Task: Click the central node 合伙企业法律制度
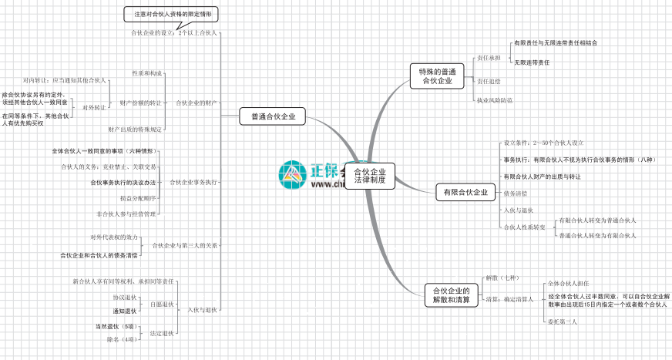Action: [369, 176]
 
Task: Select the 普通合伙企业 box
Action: [272, 117]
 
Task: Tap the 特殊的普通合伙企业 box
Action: [436, 76]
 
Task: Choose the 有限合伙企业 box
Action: [465, 191]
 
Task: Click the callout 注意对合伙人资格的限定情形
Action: [170, 14]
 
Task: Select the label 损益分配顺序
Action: [138, 198]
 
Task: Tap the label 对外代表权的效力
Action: [114, 237]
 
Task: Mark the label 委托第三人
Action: [562, 321]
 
